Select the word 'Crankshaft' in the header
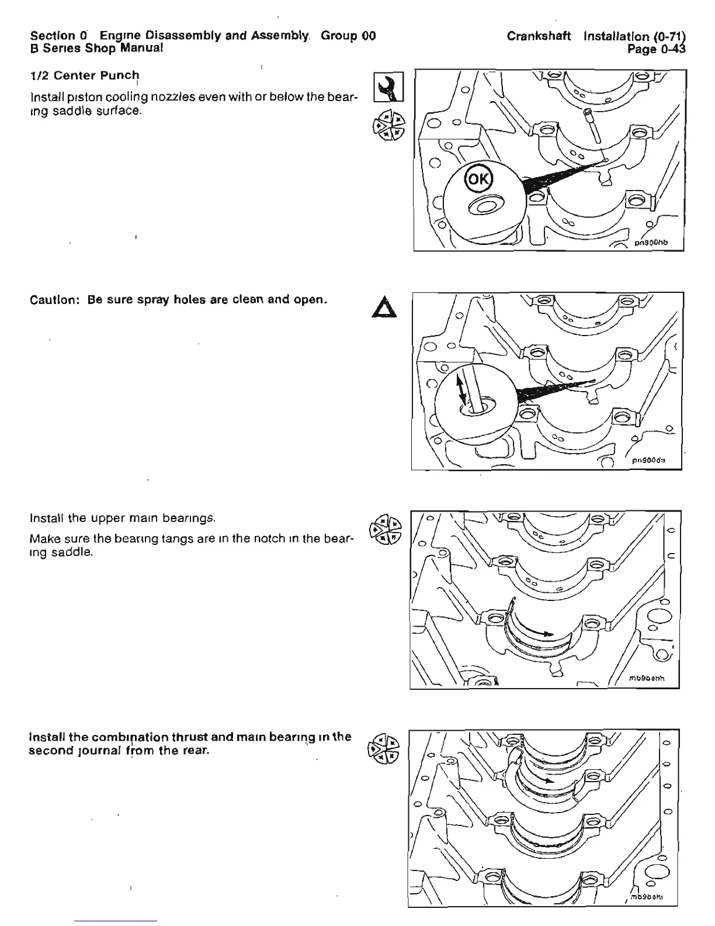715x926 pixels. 539,36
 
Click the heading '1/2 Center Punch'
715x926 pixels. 85,76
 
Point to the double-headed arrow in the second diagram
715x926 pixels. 463,390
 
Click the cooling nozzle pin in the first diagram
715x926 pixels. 595,127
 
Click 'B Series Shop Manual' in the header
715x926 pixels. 96,49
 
